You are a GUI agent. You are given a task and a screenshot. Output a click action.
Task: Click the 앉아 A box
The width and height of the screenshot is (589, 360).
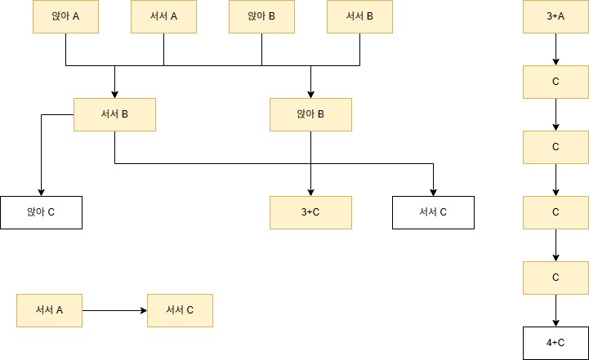pos(65,16)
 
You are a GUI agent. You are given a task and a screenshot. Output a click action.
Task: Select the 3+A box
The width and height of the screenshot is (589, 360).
pos(556,16)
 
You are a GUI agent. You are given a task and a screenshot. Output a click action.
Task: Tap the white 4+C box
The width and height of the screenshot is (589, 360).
pos(556,343)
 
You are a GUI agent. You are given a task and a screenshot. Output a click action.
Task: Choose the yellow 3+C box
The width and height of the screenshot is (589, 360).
pos(310,212)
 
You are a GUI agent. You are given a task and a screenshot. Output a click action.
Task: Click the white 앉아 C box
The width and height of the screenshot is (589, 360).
pos(41,212)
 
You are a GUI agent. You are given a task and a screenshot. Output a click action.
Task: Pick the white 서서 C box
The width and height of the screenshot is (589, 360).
pos(433,212)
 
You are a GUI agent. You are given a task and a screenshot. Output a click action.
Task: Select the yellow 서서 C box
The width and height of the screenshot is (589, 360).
pos(180,310)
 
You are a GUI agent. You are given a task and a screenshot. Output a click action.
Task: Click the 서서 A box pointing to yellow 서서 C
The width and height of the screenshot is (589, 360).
pos(49,310)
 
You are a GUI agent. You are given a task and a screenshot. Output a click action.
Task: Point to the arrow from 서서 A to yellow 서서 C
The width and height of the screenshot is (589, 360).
pos(114,310)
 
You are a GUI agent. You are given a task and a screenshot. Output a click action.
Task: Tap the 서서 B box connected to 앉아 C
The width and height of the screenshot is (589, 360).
pos(114,114)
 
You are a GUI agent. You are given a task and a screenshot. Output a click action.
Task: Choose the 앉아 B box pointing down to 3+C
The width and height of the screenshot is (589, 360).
pos(310,114)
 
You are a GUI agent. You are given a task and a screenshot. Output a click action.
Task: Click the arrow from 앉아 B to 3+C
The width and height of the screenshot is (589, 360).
pos(310,163)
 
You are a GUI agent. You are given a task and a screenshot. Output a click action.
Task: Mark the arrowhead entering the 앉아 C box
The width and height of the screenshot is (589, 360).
pos(41,192)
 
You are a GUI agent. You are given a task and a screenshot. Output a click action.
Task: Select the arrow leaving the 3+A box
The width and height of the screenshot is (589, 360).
pos(556,49)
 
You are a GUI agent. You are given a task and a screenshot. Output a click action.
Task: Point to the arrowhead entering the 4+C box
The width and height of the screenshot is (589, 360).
pos(556,322)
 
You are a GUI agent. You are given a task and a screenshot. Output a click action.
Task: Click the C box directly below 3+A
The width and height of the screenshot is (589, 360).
pos(556,82)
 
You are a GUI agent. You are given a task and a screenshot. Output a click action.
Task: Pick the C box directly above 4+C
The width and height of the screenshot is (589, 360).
pos(556,278)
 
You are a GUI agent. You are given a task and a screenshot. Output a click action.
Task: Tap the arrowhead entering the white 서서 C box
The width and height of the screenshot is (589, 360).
pos(433,192)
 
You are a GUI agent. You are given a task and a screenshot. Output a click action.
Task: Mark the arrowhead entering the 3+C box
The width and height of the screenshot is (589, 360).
pos(310,192)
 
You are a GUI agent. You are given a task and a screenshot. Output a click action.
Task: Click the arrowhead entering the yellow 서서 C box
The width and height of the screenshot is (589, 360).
pos(143,310)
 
